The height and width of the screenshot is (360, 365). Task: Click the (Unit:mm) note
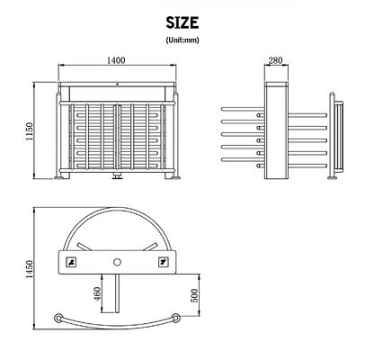click(x=182, y=40)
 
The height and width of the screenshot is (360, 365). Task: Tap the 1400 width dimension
click(x=115, y=61)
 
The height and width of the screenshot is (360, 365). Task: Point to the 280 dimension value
click(x=275, y=61)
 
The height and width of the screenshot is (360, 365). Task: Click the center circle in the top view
click(x=116, y=261)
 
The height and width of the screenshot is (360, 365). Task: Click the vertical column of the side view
click(x=275, y=130)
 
